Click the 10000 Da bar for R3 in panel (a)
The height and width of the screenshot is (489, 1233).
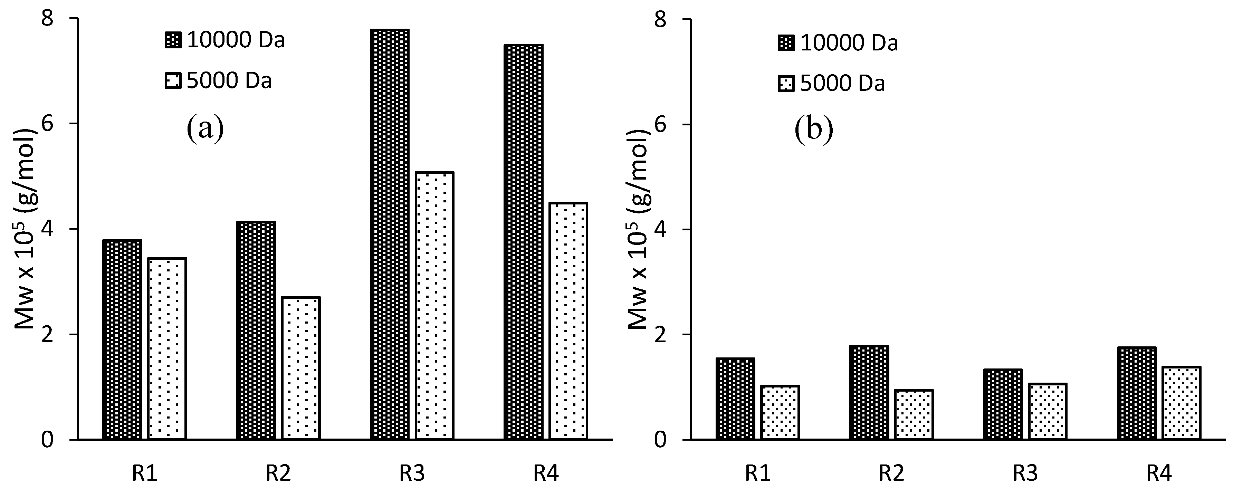point(390,234)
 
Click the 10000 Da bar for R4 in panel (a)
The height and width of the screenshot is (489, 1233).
point(523,242)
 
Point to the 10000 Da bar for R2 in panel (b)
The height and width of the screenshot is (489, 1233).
point(869,392)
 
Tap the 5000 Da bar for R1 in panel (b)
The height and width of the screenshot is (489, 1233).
point(780,412)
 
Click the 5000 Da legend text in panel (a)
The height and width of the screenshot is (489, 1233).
point(229,80)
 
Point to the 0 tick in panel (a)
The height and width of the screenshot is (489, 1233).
point(47,439)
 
